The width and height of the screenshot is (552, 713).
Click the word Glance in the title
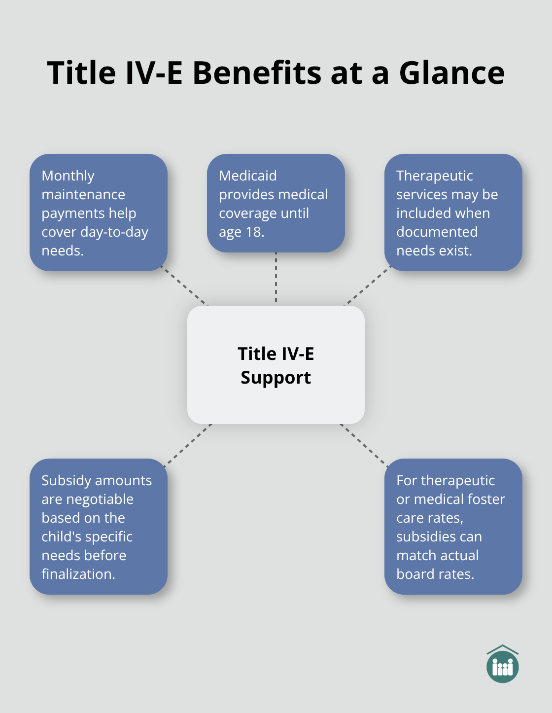click(451, 73)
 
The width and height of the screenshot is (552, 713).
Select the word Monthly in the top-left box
click(68, 176)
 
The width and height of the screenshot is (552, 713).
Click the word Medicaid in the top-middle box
click(248, 176)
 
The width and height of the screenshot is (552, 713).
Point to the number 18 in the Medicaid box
click(254, 232)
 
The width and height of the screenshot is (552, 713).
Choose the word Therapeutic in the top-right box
click(434, 176)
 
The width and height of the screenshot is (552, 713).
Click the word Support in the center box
click(276, 378)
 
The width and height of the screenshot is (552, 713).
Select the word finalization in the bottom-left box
click(78, 574)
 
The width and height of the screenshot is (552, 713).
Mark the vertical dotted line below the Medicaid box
click(276, 279)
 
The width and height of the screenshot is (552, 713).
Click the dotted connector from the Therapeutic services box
click(368, 286)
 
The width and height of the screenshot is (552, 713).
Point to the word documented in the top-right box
click(437, 232)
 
